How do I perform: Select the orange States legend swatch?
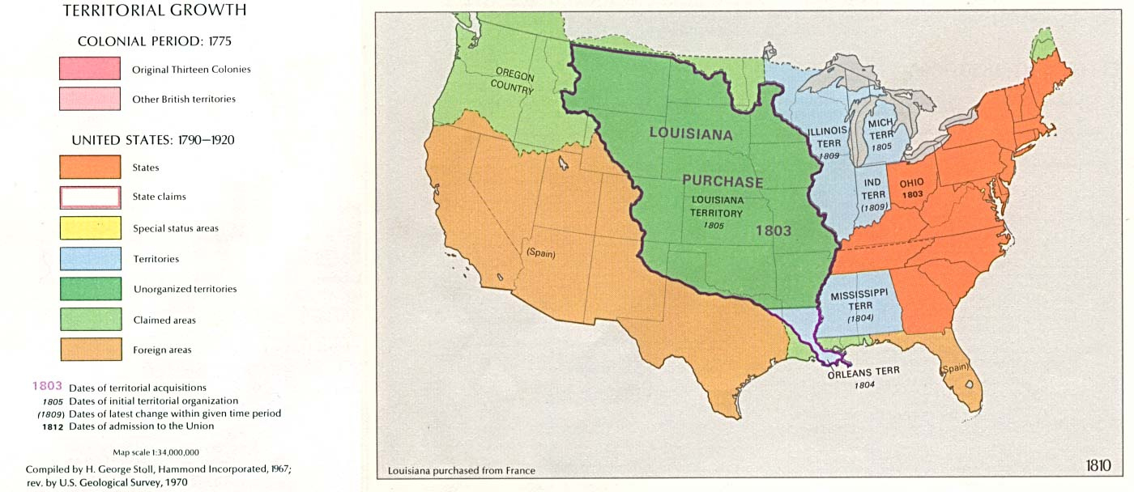click(x=90, y=167)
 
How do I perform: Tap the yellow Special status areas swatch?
click(x=90, y=228)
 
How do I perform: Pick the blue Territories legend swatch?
click(x=90, y=259)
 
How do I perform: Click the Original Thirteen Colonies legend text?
click(x=191, y=70)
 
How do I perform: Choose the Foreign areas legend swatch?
click(x=90, y=350)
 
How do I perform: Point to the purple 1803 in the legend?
click(x=46, y=387)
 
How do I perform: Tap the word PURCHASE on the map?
click(x=723, y=181)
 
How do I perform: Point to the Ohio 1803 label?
click(x=911, y=189)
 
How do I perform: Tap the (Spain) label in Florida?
click(x=957, y=370)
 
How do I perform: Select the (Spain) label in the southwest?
click(x=541, y=252)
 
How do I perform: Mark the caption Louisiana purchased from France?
click(x=461, y=470)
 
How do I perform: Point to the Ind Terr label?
click(x=872, y=194)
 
